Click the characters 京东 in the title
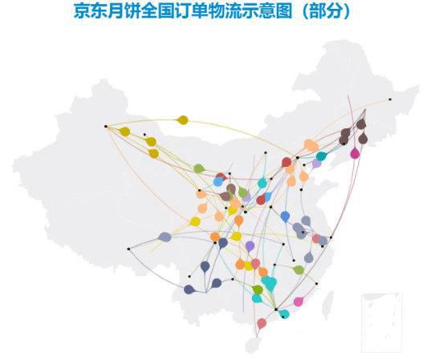90,11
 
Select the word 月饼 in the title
123,11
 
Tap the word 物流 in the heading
222,11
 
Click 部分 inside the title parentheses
325,11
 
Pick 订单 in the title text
189,11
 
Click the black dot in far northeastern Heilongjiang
390,99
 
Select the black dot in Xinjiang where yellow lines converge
106,126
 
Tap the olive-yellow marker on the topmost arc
183,120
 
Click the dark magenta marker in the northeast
355,153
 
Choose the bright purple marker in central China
250,246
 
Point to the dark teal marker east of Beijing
321,156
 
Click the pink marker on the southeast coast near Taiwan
299,301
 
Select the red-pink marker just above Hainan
262,323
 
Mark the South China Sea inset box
382,323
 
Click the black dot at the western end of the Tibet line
128,249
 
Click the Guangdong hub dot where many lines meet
276,309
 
